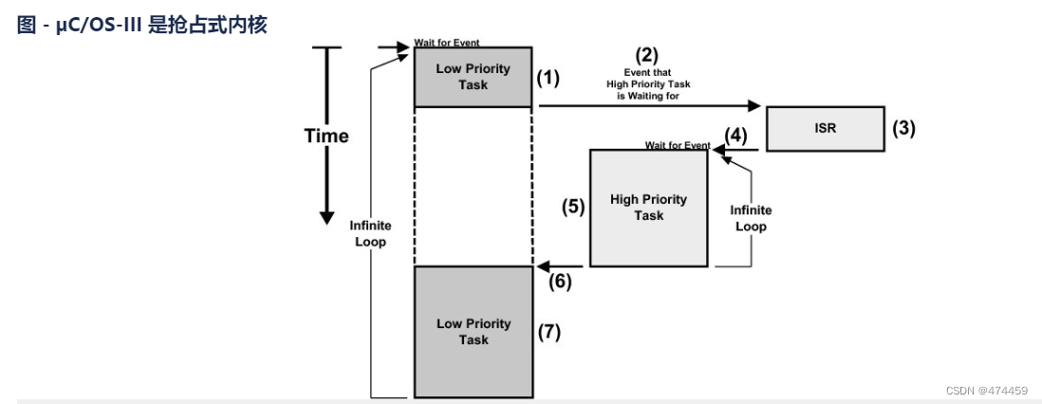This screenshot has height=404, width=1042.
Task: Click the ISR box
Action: (826, 128)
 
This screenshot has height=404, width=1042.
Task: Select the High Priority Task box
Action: (648, 208)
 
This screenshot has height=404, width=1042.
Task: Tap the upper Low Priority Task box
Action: (473, 77)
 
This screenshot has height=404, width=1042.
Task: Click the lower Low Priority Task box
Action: (473, 332)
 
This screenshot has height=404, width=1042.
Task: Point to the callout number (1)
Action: (549, 78)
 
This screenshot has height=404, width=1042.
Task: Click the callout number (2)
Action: (648, 54)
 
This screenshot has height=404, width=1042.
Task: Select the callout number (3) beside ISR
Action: (903, 128)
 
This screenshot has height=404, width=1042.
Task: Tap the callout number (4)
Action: (735, 137)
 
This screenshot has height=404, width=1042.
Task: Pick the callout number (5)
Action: (573, 208)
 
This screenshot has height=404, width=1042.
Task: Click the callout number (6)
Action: (560, 282)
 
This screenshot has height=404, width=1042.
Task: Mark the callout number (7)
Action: (549, 332)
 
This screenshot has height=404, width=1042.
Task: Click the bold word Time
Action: (326, 137)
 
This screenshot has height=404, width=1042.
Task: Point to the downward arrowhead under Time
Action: (326, 217)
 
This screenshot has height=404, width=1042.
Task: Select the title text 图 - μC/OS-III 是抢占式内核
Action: (141, 26)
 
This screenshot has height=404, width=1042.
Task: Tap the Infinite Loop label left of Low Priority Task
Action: (370, 234)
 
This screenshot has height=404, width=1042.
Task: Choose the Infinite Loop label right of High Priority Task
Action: (751, 219)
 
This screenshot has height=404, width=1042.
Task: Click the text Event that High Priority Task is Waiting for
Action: (648, 84)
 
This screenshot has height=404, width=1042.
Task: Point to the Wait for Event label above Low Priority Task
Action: (447, 43)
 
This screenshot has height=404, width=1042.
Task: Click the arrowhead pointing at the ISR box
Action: (754, 105)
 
